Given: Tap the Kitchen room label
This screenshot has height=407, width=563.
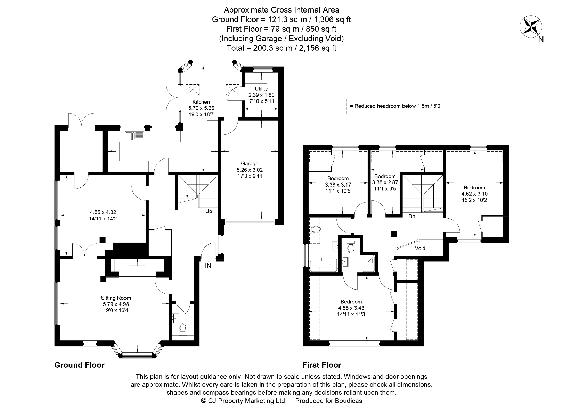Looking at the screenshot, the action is [x=201, y=102].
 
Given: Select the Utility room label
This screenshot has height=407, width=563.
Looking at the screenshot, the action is [x=261, y=89].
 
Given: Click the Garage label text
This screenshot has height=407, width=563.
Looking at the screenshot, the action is [x=250, y=163].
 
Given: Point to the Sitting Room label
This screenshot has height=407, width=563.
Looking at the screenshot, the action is [x=116, y=298].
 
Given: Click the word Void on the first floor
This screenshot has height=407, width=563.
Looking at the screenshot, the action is [x=420, y=248].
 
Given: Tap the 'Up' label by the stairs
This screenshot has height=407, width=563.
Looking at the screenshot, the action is [x=209, y=211].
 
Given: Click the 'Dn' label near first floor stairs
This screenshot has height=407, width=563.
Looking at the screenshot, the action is [x=412, y=216].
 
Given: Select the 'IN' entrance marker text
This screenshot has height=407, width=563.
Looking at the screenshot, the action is [x=208, y=266].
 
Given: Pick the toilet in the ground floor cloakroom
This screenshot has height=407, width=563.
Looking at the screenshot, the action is [x=183, y=328].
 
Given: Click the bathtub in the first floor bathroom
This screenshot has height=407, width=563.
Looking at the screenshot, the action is [x=323, y=265].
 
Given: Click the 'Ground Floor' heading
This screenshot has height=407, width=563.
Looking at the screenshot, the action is [x=79, y=365].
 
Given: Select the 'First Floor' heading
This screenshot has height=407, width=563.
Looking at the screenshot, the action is [x=321, y=365].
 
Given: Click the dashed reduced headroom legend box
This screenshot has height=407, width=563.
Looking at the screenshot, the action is [x=335, y=106].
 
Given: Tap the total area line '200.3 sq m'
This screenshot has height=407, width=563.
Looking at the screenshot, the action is [x=281, y=48].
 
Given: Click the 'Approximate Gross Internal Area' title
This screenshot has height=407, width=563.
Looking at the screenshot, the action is [x=281, y=10].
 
